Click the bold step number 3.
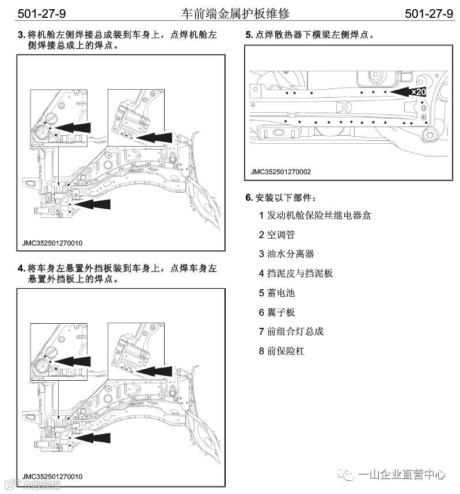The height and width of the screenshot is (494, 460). pyautogui.click(x=21, y=35)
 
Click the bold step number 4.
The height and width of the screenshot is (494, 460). pyautogui.click(x=21, y=269)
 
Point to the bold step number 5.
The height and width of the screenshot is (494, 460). pyautogui.click(x=249, y=35)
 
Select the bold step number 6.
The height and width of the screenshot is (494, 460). pyautogui.click(x=249, y=198)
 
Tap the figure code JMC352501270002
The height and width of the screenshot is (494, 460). pyautogui.click(x=281, y=171)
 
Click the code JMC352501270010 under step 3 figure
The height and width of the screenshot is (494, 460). pyautogui.click(x=52, y=243)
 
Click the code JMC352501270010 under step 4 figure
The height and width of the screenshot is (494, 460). pyautogui.click(x=52, y=477)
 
